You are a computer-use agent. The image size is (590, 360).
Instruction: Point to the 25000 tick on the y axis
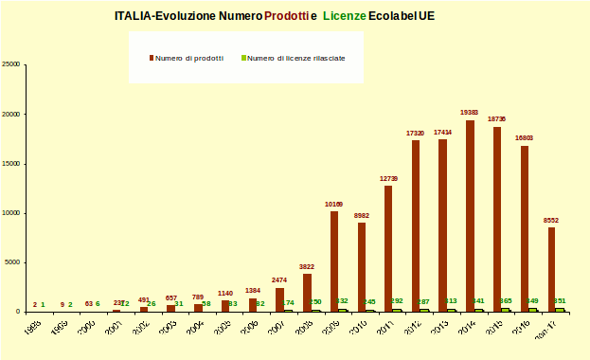[12, 64]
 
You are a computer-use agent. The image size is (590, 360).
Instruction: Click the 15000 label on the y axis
[12, 164]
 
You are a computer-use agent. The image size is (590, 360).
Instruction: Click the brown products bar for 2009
[333, 261]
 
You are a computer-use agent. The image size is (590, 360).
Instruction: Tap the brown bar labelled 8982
[361, 267]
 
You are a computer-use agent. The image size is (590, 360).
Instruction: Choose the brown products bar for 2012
[415, 226]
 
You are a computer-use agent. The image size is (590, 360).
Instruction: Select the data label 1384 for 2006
[251, 290]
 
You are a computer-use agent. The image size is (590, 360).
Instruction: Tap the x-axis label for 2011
[386, 327]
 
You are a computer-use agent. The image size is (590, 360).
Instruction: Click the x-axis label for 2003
[168, 327]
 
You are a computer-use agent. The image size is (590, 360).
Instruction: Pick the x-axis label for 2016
[523, 327]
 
